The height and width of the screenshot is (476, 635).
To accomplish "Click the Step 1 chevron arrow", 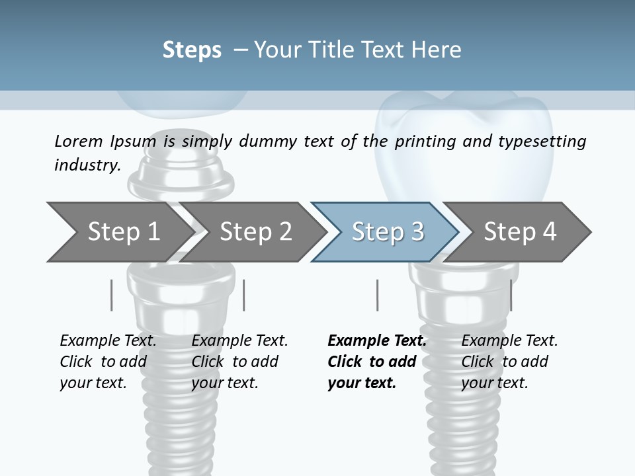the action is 119,232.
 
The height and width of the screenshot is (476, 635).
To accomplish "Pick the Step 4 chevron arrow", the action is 519,232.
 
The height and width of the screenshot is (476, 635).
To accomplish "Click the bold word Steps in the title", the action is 192,50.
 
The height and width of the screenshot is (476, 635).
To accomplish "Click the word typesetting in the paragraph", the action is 542,141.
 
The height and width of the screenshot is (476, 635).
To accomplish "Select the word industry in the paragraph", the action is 87,165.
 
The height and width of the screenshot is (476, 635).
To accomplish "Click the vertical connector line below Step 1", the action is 112,295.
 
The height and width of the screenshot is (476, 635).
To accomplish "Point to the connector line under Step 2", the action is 245,295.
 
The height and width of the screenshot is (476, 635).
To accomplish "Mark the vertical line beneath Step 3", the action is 378,295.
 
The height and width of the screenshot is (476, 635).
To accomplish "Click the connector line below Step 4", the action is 511,295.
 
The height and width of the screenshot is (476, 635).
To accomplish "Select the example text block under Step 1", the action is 108,362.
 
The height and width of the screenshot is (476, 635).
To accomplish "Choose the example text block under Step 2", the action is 239,362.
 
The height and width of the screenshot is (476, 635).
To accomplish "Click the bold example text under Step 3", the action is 376,362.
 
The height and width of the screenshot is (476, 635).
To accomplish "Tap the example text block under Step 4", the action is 509,362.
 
